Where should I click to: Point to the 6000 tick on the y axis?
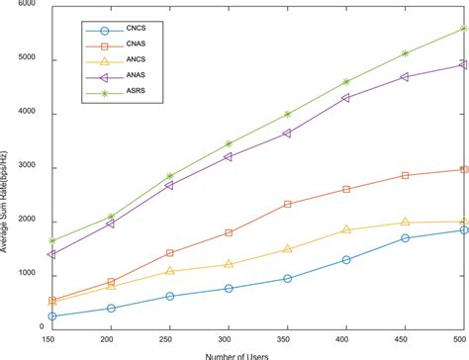[30, 6]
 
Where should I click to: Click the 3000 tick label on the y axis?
[30, 167]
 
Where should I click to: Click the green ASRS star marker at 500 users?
[463, 29]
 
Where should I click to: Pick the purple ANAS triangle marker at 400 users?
[345, 98]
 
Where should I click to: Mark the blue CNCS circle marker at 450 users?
[405, 238]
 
